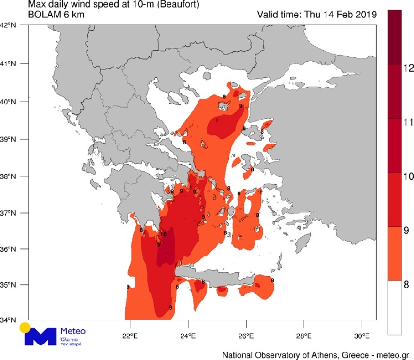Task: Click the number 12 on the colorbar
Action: tap(408, 69)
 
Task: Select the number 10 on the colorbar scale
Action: tap(408, 176)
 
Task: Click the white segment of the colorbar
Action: tap(394, 308)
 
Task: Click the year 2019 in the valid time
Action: tap(367, 15)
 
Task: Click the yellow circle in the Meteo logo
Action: tap(24, 328)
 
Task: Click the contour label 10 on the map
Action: tap(163, 234)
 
